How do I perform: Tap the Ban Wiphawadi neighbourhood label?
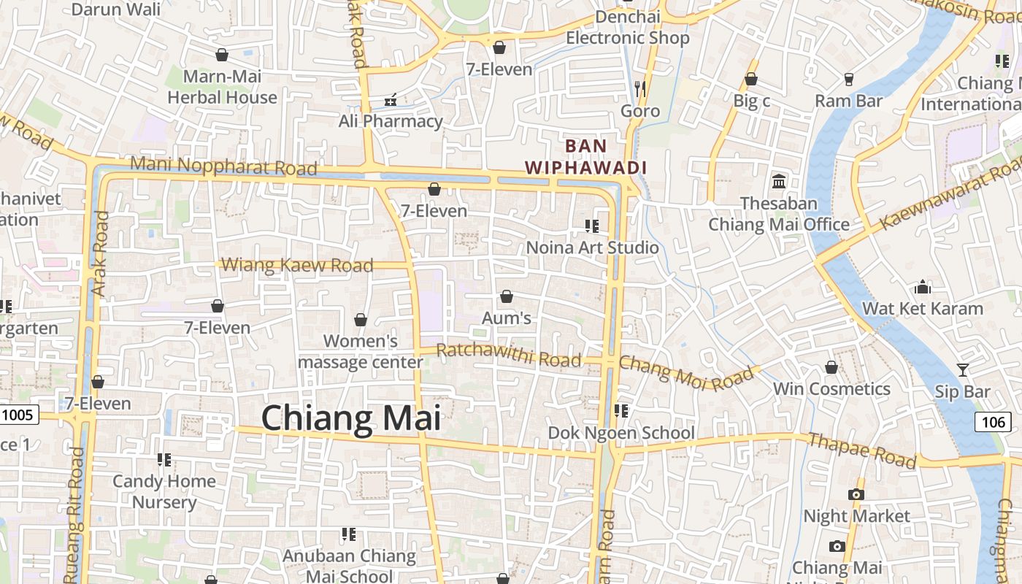click(586, 156)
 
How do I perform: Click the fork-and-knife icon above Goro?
click(640, 89)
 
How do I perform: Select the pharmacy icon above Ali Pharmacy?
click(391, 99)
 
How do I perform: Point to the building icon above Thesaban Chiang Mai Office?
click(779, 181)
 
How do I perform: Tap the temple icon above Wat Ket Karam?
click(923, 287)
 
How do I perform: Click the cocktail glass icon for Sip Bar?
click(963, 370)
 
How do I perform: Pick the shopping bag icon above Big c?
click(751, 79)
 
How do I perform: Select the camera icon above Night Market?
click(856, 494)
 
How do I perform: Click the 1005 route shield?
click(18, 415)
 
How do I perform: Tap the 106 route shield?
click(993, 421)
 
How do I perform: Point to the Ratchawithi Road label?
click(508, 356)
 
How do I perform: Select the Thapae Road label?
click(861, 449)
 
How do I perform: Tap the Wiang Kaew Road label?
click(297, 265)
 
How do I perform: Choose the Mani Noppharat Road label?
click(223, 166)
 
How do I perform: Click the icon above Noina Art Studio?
click(591, 226)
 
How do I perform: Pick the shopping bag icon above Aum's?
click(506, 296)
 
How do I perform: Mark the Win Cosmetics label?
click(831, 389)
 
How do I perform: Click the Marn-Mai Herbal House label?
click(222, 87)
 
